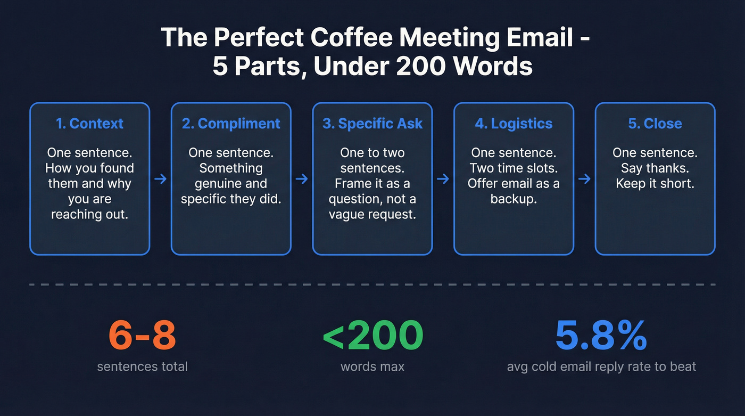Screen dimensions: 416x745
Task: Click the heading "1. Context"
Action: click(x=89, y=124)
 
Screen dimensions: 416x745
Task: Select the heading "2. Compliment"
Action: click(x=231, y=124)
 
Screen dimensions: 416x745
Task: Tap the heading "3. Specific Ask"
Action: click(x=372, y=124)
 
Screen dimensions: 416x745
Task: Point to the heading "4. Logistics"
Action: click(x=514, y=124)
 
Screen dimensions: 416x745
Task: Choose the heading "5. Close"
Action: click(x=655, y=124)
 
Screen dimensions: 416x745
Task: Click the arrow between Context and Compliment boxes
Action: click(x=160, y=180)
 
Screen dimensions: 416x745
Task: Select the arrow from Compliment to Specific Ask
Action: click(x=302, y=180)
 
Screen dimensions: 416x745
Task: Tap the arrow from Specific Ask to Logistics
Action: click(x=443, y=180)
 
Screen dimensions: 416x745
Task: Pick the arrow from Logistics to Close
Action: click(x=584, y=180)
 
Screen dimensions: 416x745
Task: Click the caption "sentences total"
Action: click(x=142, y=366)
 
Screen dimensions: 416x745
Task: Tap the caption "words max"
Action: click(x=372, y=366)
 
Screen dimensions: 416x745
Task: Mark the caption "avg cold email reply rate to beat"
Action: click(x=601, y=366)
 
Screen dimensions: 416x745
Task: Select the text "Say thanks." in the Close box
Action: click(x=655, y=168)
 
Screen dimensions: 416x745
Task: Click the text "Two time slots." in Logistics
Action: click(x=514, y=168)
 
